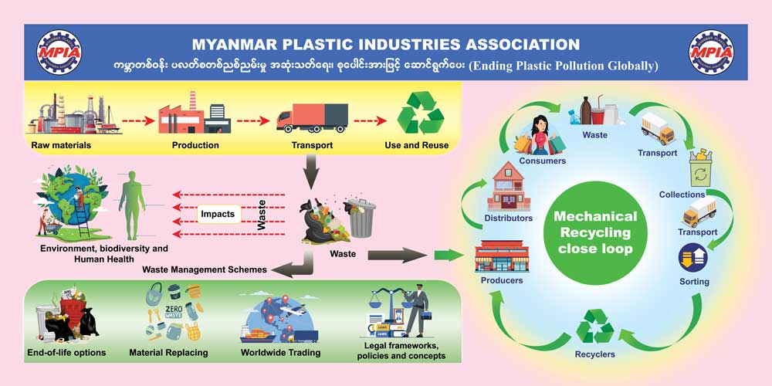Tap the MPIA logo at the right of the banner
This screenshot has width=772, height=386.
(714, 53)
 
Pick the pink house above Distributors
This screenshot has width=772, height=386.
(510, 187)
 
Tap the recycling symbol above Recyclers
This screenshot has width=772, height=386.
(595, 326)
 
